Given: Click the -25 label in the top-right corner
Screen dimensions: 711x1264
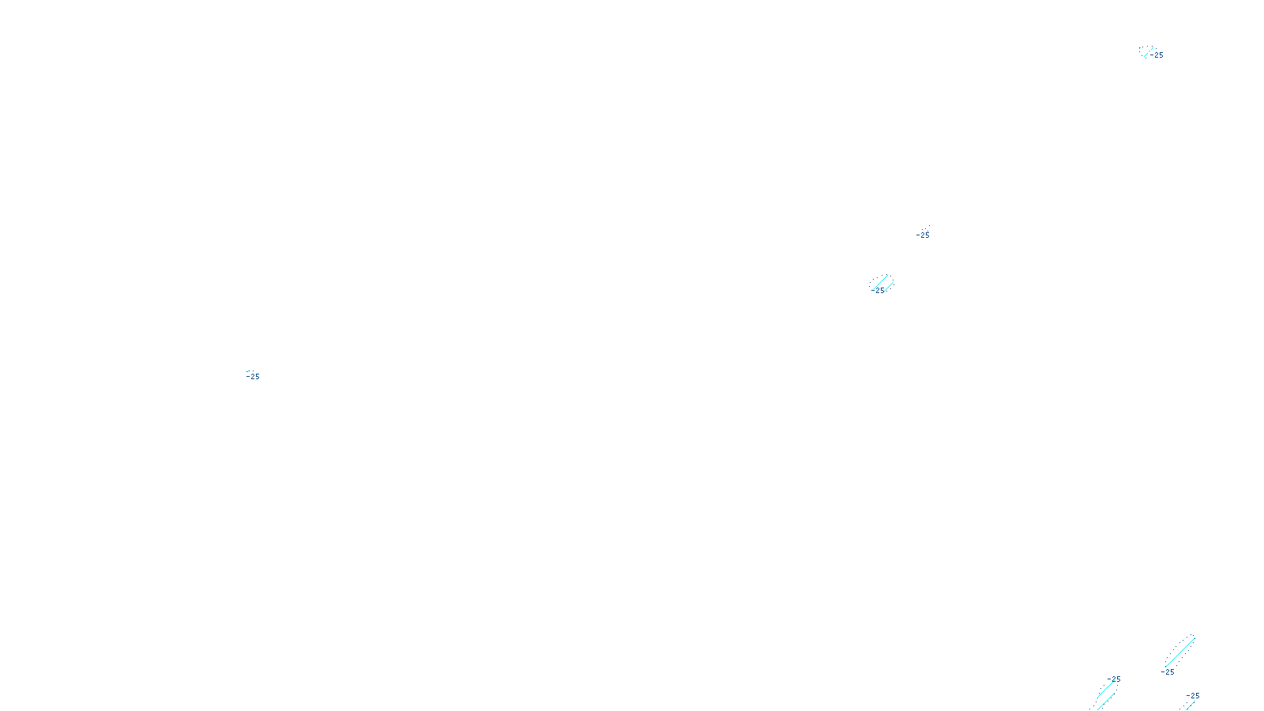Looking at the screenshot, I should tap(1157, 55).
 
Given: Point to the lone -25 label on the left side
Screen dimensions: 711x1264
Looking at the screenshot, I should tap(254, 377).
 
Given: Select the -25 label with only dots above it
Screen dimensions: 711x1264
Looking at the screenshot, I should tap(924, 235).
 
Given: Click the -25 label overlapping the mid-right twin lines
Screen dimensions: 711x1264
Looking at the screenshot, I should tap(879, 291).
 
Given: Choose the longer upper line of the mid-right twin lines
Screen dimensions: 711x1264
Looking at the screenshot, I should tap(880, 282).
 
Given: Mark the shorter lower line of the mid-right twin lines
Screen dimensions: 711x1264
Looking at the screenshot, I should tap(888, 286).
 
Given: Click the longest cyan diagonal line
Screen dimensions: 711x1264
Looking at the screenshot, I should tap(1179, 652).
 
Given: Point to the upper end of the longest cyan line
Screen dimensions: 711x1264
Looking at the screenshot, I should tap(1194, 637).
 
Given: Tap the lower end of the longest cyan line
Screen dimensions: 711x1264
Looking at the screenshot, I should tap(1165, 666).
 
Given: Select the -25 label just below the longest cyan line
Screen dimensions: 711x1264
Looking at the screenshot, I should tap(1168, 672).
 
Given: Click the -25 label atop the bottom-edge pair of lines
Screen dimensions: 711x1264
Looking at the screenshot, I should tap(1115, 679).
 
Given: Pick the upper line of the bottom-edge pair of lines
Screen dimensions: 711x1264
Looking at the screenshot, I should tap(1105, 689).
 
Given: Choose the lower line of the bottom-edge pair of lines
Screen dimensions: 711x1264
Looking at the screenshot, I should tap(1104, 702).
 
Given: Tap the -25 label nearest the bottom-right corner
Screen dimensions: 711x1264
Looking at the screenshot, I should tap(1193, 696).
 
